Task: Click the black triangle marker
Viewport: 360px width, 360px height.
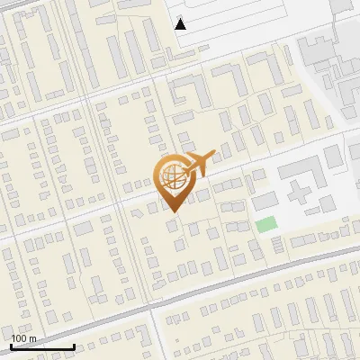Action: click(181, 24)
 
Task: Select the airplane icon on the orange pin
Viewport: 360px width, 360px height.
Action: click(198, 163)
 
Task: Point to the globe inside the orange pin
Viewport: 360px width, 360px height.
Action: click(172, 177)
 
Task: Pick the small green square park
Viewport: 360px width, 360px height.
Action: click(265, 224)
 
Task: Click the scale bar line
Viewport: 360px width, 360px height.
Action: click(42, 346)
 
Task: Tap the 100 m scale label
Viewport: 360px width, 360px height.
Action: click(23, 338)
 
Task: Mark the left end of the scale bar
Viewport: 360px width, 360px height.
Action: click(11, 346)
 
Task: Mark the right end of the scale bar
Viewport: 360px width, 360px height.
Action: click(74, 346)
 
